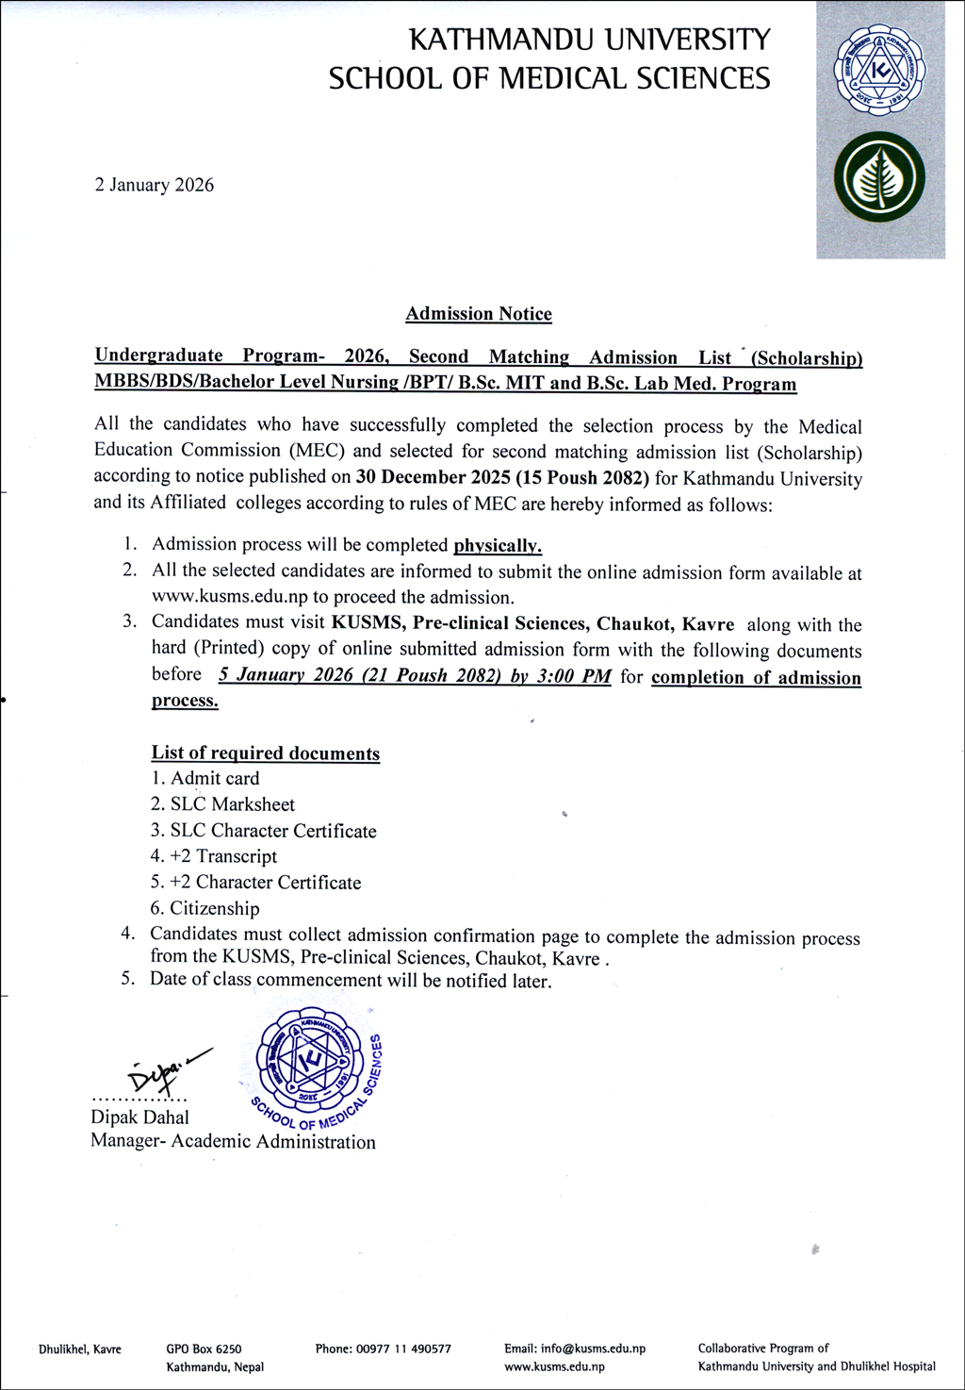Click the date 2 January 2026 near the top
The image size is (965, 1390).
click(154, 185)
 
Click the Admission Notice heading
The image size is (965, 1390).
click(479, 314)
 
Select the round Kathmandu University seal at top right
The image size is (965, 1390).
click(880, 73)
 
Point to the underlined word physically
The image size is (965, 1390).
click(498, 545)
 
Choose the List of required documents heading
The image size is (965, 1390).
click(266, 753)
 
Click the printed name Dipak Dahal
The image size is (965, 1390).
click(139, 1117)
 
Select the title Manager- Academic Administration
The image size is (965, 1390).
click(233, 1142)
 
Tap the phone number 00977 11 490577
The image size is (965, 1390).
click(403, 1349)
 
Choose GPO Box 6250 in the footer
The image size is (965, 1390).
click(204, 1349)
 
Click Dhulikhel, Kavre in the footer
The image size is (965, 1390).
click(80, 1349)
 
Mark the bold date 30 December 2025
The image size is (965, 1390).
click(433, 477)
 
